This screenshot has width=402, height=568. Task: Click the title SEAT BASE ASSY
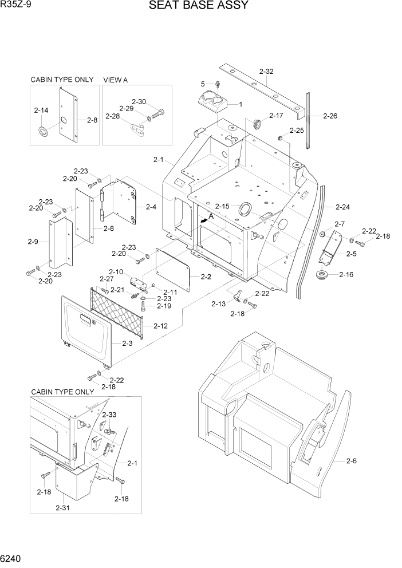click(x=198, y=6)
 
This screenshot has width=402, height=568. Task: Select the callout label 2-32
click(x=266, y=72)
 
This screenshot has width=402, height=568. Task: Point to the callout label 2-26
click(x=330, y=116)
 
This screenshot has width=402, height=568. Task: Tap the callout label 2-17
click(x=276, y=116)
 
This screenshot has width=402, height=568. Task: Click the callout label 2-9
click(x=33, y=242)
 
